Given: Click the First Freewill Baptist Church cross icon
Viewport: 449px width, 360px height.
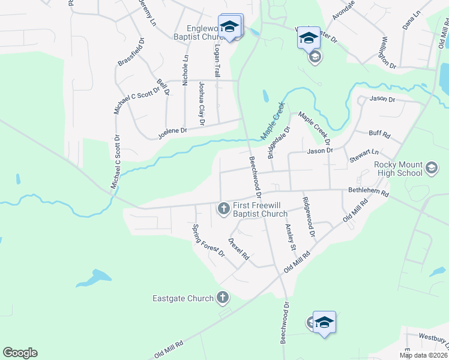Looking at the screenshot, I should tap(223, 208).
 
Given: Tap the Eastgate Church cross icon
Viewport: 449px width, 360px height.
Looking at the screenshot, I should tap(222, 298).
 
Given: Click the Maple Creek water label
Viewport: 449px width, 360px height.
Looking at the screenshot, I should tap(273, 119).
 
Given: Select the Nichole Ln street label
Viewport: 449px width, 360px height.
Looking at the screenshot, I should tap(185, 70).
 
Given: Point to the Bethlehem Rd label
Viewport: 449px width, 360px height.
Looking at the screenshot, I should tap(369, 193).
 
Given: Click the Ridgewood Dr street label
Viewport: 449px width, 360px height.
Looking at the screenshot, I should tap(309, 217).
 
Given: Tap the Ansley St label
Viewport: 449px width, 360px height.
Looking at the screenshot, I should tap(291, 238).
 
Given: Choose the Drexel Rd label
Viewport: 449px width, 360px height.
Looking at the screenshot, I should tap(239, 248).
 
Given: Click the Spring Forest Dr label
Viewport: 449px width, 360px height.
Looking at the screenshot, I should tap(208, 241).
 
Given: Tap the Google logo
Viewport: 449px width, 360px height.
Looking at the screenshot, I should tap(20, 353).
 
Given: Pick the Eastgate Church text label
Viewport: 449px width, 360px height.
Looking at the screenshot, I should tap(183, 298).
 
